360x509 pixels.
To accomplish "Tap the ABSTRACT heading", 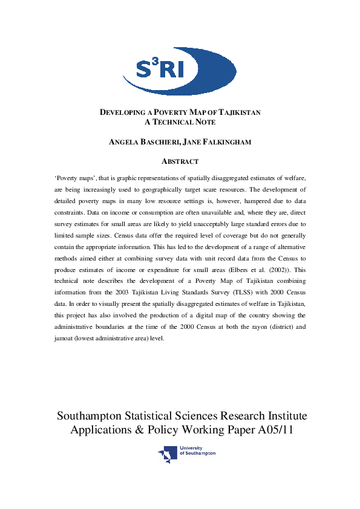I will (180, 161).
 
